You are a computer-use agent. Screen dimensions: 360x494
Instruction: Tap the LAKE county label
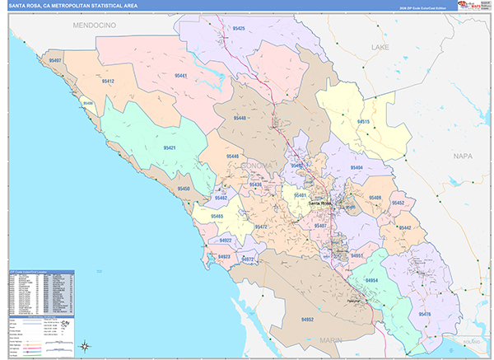tap(379, 48)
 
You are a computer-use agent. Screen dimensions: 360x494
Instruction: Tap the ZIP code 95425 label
tap(239, 28)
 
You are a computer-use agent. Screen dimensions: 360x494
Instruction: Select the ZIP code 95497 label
tap(55, 60)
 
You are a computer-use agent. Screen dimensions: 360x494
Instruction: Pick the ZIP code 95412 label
tap(109, 82)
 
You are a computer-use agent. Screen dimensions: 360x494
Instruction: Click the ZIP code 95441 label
tap(181, 76)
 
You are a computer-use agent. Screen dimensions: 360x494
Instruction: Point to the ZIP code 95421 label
tap(170, 147)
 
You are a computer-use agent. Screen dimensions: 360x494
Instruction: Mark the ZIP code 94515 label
tap(363, 122)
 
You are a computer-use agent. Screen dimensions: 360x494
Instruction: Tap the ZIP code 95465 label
tap(217, 216)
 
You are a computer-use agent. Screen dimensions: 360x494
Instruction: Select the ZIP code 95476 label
tap(425, 314)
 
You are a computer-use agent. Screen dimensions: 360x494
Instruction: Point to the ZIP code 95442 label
tap(404, 227)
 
